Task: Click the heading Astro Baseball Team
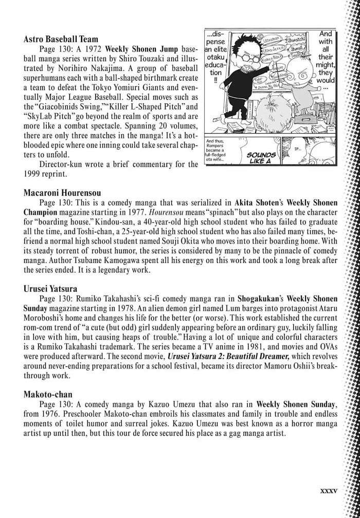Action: [x=61, y=39]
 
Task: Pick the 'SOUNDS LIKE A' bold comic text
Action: [x=261, y=157]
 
